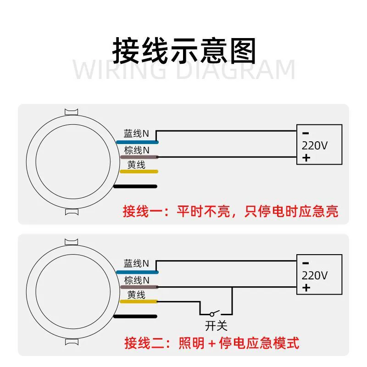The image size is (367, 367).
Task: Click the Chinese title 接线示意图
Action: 184,50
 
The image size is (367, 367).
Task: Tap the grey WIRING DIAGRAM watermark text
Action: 184,70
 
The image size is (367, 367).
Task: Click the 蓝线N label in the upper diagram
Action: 136,133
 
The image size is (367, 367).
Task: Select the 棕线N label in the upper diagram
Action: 137,150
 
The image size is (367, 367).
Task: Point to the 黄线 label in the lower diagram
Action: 136,295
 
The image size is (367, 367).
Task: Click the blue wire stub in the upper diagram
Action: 137,142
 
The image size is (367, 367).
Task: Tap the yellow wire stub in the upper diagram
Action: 139,172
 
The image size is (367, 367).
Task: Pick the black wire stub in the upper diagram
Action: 135,186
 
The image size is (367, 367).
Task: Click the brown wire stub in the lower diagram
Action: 139,287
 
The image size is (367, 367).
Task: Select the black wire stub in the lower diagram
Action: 135,317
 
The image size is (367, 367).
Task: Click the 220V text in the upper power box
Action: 315,145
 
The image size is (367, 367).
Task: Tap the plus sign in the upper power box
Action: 306,158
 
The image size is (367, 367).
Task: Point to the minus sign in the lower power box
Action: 306,263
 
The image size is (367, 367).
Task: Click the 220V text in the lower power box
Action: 315,276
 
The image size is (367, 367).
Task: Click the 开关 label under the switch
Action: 216,326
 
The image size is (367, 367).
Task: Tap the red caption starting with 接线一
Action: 231,211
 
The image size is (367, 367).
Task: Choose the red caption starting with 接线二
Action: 212,343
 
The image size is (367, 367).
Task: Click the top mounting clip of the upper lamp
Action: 72,112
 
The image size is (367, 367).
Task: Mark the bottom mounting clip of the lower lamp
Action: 72,342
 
